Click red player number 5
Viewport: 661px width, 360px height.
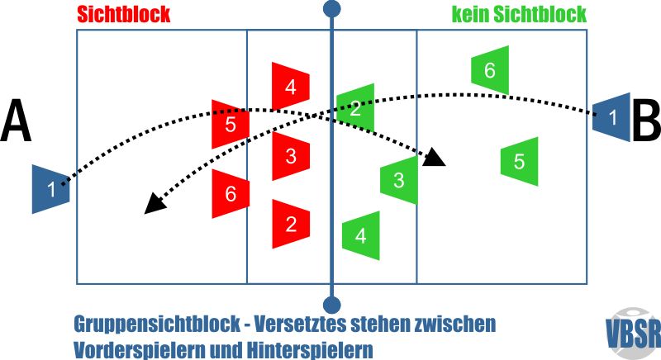tap(231, 124)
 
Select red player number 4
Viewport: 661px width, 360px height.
tap(290, 86)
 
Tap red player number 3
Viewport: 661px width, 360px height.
tap(290, 155)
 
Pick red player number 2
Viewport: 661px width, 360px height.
tap(290, 223)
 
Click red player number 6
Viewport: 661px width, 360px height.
tap(231, 193)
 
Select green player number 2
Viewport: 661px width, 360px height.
tap(355, 108)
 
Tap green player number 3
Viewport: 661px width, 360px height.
tap(398, 179)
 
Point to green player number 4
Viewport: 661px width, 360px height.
tap(360, 235)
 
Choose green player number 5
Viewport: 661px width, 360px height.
tap(519, 161)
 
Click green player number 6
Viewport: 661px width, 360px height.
tap(489, 70)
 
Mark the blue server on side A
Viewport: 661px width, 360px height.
tap(51, 189)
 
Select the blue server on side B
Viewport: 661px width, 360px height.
tap(611, 117)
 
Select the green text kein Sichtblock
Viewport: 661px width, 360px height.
tap(519, 15)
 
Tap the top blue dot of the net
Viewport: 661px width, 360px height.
tap(332, 9)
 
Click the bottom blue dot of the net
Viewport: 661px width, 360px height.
tap(332, 305)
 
